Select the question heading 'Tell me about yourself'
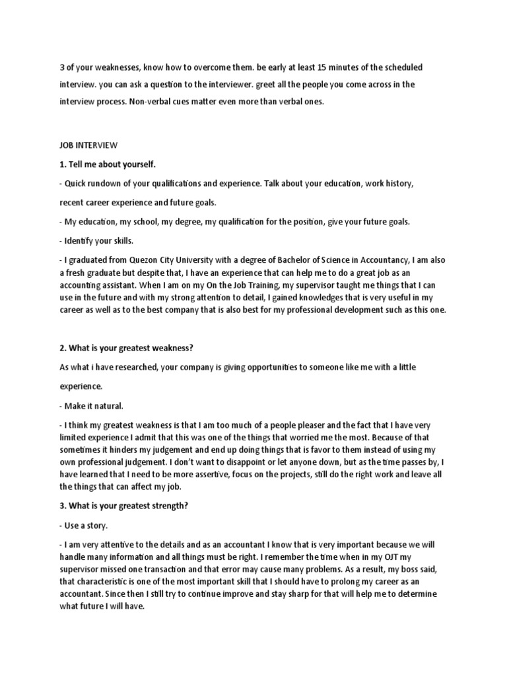tap(108, 162)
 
